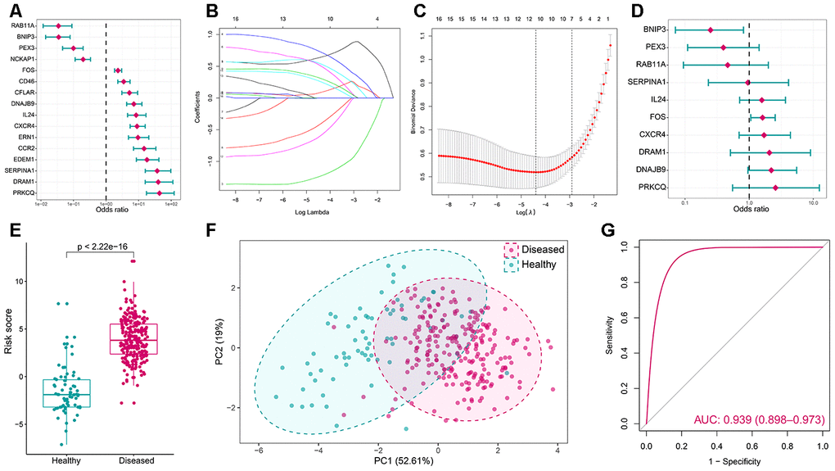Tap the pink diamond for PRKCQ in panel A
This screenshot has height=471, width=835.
coord(160,192)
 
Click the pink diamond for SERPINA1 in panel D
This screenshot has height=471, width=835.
coord(747,82)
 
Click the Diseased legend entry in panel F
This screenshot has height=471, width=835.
coord(538,249)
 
